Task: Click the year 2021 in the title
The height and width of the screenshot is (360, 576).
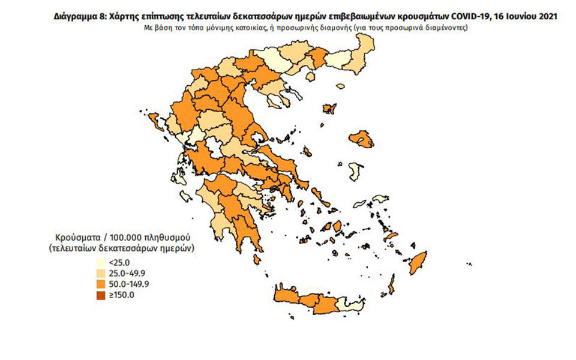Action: [545, 17]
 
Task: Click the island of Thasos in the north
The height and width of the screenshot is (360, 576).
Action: [295, 94]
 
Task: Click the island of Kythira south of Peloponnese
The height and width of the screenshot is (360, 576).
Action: [257, 259]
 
